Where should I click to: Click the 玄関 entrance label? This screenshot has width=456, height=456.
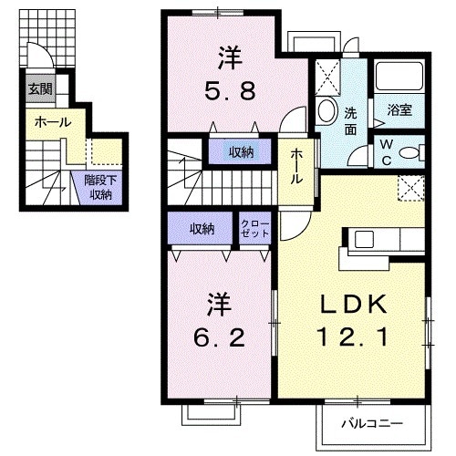point(39,88)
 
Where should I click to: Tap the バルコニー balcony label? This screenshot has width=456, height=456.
point(372,423)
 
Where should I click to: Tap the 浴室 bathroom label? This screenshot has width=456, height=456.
point(399,111)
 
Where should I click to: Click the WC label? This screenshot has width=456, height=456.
point(386,150)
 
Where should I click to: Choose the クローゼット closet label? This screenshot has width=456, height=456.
point(254,228)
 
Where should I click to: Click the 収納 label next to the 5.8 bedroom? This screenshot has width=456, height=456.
point(241,151)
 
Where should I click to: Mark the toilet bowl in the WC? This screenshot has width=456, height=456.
point(410,151)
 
